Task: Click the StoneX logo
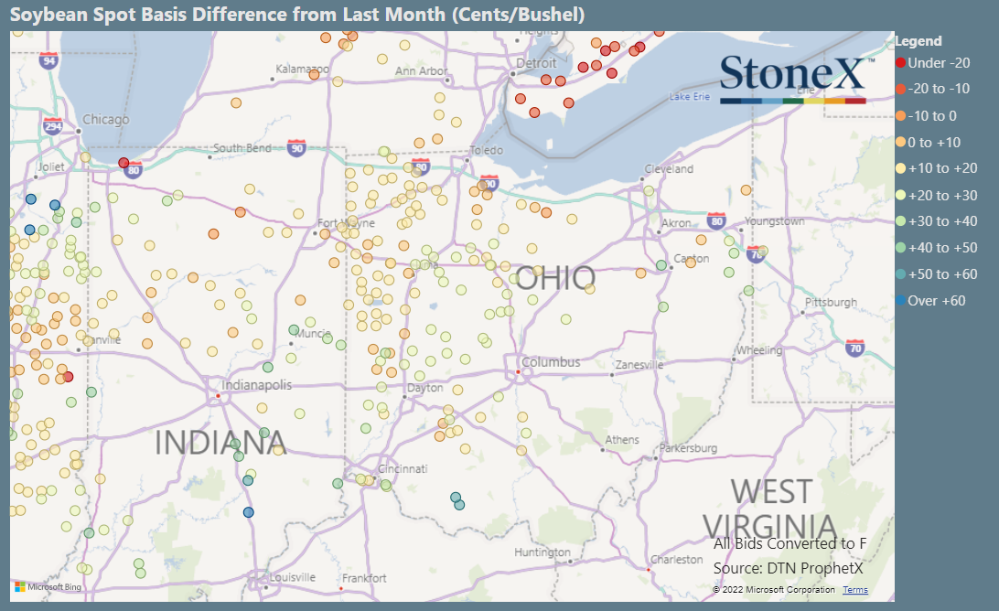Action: (792, 78)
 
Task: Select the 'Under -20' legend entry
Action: (932, 62)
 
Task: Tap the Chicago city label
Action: (106, 120)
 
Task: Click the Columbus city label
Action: (551, 362)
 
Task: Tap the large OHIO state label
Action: (555, 279)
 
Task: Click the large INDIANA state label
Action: (220, 443)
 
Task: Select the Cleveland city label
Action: (668, 169)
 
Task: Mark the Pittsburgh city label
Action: (831, 303)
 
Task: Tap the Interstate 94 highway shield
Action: (49, 60)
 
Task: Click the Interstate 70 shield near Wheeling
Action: (855, 348)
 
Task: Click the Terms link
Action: (855, 590)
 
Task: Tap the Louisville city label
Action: (293, 577)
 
